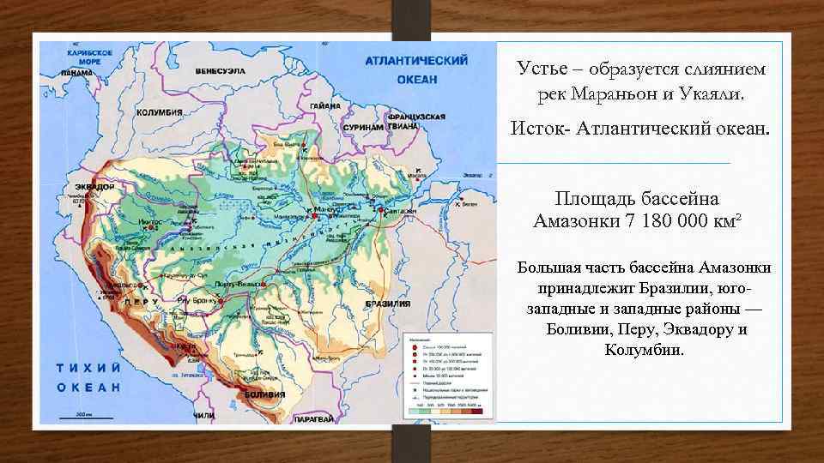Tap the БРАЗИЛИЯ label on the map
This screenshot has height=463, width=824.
pos(387,304)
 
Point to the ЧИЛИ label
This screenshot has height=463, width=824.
pos(203,415)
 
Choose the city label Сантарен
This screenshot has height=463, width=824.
pos(400,210)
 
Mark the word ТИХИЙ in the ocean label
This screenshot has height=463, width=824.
pos(86,368)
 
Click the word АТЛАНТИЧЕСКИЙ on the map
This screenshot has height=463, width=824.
pos(416,61)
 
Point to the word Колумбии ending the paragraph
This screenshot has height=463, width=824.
pos(645,349)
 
